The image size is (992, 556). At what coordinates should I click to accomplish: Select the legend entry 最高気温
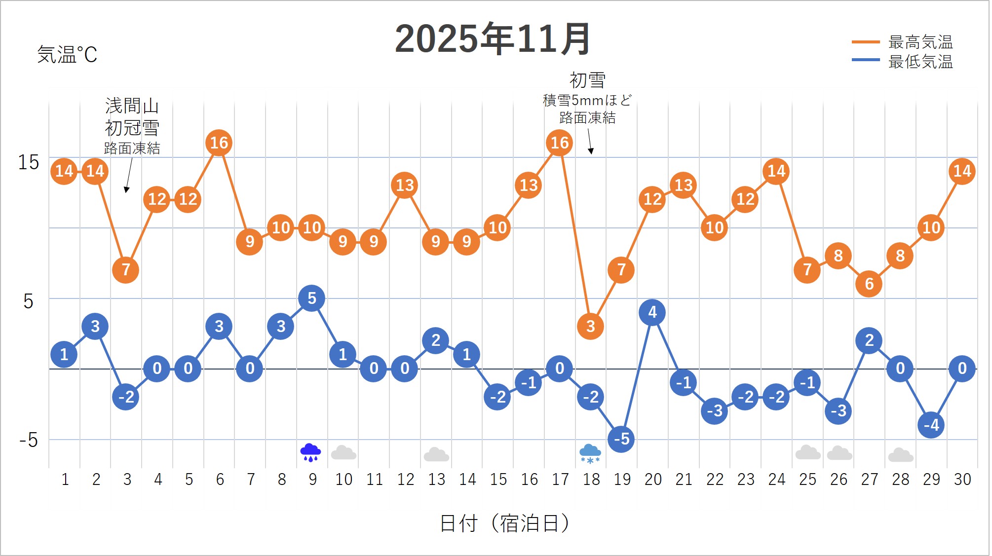920,42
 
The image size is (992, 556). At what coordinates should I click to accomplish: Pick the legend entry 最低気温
920,62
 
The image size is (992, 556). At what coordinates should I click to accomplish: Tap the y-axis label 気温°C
67,54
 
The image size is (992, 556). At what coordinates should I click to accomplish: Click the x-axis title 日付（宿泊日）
504,523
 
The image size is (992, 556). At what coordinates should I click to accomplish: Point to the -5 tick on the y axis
29,440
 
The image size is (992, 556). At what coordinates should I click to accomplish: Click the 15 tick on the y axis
29,162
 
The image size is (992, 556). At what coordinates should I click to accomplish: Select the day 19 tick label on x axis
622,479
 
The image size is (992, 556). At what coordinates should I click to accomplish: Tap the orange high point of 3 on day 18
591,326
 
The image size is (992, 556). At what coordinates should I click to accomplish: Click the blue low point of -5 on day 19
621,439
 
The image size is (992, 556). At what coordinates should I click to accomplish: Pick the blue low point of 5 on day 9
311,298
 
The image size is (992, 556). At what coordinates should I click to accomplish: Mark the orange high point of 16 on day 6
219,143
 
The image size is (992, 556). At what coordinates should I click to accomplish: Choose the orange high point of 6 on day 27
869,284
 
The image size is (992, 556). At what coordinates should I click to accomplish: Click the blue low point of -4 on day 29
931,425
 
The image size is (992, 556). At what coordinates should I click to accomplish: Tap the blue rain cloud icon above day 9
310,452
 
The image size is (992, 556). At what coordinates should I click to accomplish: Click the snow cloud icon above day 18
590,453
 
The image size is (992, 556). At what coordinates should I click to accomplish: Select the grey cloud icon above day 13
436,454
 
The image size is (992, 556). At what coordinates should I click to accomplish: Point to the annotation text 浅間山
132,106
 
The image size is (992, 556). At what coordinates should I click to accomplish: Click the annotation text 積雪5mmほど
587,101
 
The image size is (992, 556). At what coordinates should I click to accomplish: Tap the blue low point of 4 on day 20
652,312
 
